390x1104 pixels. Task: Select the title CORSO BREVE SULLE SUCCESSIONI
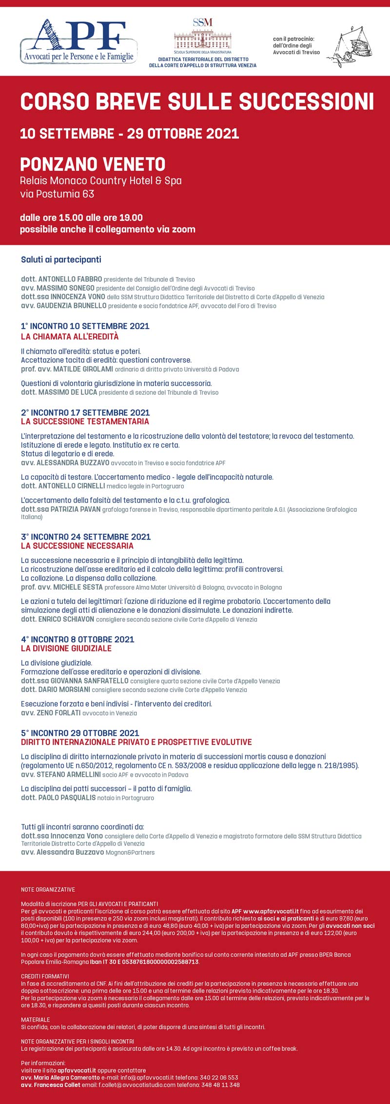197,101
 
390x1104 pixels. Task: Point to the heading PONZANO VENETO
93,164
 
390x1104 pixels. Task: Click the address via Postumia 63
57,194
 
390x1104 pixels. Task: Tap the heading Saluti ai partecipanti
61,260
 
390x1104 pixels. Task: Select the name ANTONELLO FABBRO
70,279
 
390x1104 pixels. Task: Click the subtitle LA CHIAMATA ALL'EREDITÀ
70,337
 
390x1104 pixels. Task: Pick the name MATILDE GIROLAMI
83,369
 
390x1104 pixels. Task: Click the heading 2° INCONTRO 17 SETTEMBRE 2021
85,413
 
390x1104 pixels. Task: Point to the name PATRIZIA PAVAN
76,509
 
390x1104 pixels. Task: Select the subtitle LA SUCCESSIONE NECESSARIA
77,546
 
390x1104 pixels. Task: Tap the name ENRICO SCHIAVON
66,619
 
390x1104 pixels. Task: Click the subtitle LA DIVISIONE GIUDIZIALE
66,648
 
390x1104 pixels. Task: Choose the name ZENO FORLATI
58,713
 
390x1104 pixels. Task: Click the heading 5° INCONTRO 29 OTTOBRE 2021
80,733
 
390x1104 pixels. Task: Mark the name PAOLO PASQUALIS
67,798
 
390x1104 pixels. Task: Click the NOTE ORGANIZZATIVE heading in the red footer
48,889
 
